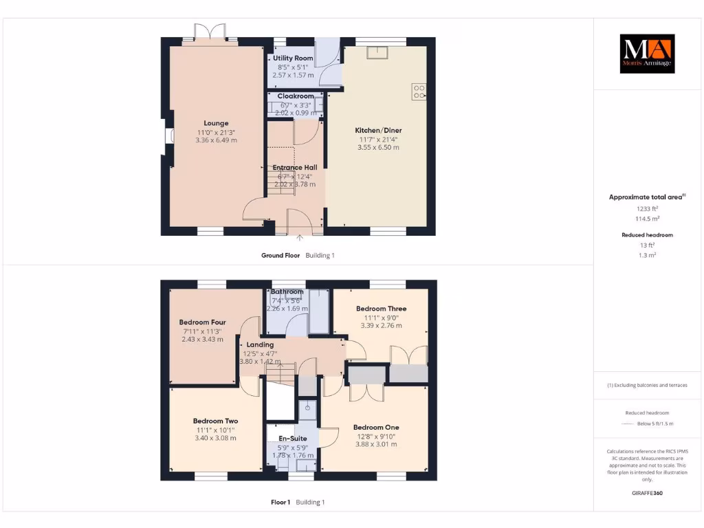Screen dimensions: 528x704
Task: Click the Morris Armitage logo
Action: tap(647, 54)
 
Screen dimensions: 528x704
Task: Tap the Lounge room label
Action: tap(215, 124)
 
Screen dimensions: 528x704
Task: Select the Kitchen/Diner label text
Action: tap(378, 130)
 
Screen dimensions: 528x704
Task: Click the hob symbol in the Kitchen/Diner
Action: tap(419, 91)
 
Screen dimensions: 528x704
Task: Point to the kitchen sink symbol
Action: tap(377, 52)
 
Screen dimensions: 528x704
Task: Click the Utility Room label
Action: tap(293, 58)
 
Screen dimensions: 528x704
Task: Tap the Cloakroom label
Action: tap(296, 96)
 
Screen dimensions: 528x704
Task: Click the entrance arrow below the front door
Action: tap(300, 238)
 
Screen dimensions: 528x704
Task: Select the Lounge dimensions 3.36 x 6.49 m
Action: tap(216, 140)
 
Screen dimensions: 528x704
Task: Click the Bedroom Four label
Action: tap(202, 322)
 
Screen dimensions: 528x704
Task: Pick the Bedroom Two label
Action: tap(215, 421)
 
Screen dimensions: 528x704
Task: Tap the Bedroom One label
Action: tap(376, 427)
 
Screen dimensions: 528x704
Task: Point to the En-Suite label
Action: tap(292, 438)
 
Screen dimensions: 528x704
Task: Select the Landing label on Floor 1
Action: tap(260, 344)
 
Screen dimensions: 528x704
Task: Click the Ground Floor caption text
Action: tap(280, 256)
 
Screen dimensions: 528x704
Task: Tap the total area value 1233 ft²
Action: tap(646, 208)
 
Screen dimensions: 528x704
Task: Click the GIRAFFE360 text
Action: tap(646, 493)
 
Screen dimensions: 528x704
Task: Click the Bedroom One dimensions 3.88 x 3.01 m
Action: tap(376, 444)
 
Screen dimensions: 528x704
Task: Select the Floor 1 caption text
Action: tap(280, 503)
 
